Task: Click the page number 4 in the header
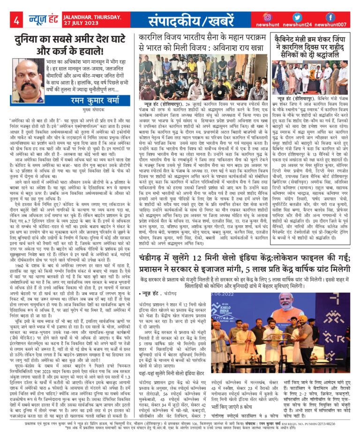(16, 20)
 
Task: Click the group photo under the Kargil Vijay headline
(202, 76)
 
